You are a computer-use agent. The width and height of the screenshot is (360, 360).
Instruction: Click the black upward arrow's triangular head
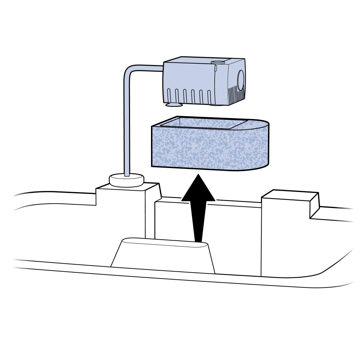[x=198, y=190]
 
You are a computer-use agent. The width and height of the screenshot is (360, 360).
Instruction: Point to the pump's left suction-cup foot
[x=174, y=105]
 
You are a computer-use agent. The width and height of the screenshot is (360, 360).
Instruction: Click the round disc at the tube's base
[x=127, y=180]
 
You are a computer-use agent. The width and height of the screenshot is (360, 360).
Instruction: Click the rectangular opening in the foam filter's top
[x=203, y=124]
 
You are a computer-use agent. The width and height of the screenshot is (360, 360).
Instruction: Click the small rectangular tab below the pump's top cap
[x=216, y=68]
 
